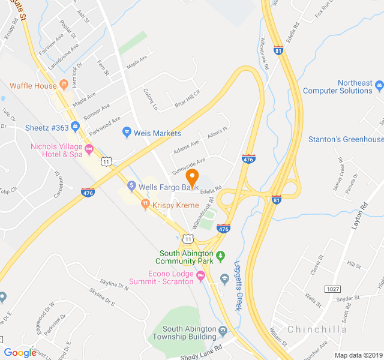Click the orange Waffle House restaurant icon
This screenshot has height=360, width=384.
(63, 85)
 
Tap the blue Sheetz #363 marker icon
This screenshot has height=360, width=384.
(75, 127)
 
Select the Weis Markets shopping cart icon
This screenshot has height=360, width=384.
(127, 133)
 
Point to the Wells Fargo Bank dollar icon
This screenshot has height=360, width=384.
(131, 187)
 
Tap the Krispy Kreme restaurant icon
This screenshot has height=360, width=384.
(145, 205)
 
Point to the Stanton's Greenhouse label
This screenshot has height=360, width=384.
(346, 139)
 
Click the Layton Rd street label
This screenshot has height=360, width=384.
(360, 217)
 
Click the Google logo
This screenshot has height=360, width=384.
(20, 352)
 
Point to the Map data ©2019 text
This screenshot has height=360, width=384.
(357, 355)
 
